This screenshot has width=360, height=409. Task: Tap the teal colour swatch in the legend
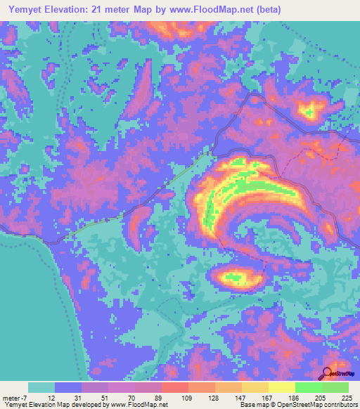[41, 387]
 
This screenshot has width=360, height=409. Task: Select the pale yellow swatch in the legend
[282, 387]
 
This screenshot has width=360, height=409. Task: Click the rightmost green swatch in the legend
[335, 387]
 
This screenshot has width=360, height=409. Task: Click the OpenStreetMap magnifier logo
[326, 373]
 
